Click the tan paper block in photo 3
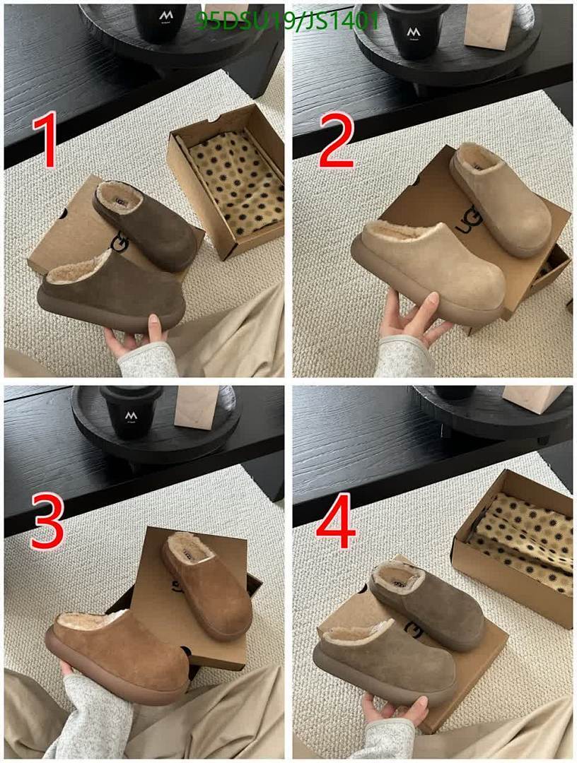pyautogui.click(x=195, y=406)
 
